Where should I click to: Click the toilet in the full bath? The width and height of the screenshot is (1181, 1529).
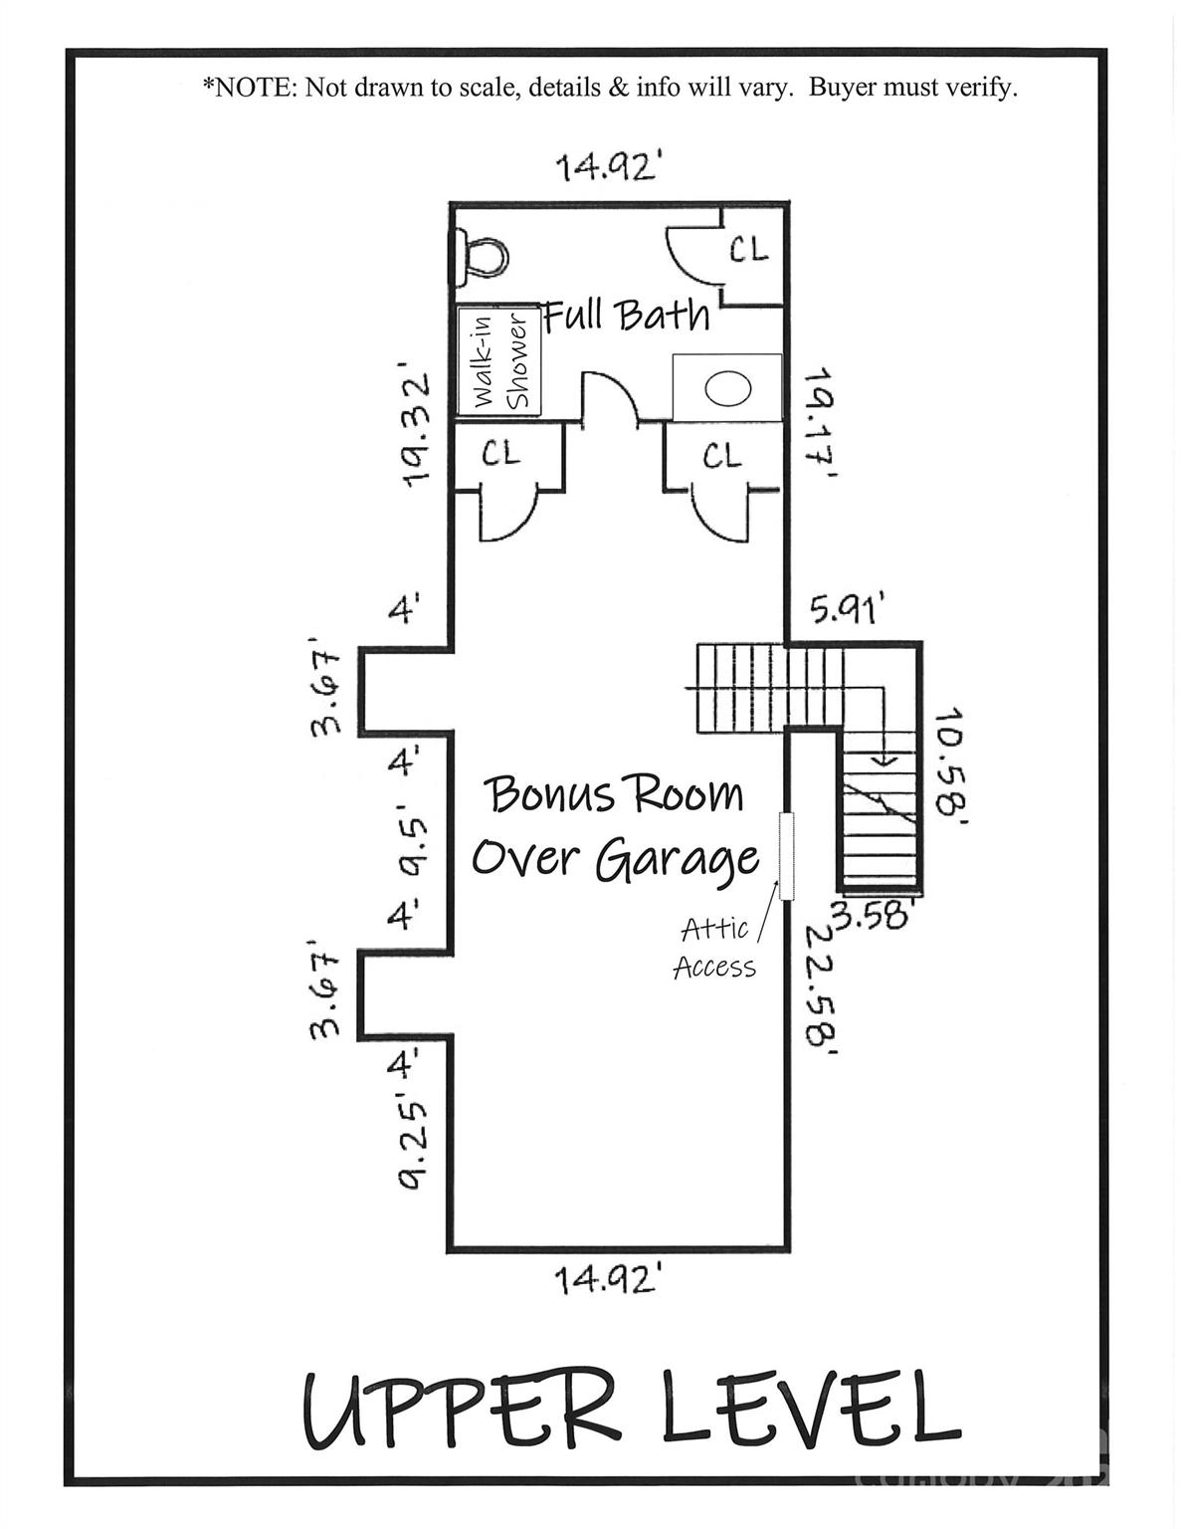click(482, 256)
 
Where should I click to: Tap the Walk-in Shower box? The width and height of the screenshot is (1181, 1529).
click(498, 360)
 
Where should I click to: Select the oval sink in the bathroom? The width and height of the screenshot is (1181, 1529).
click(728, 389)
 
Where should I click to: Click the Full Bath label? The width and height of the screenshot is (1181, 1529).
click(628, 315)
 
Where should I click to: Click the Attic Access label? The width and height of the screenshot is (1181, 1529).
click(714, 948)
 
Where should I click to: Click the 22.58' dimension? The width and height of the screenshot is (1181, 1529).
click(821, 986)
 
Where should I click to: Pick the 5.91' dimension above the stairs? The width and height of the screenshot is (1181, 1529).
click(845, 608)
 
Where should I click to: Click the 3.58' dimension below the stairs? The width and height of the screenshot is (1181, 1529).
click(872, 914)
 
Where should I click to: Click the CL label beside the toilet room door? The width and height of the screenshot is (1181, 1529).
click(749, 249)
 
